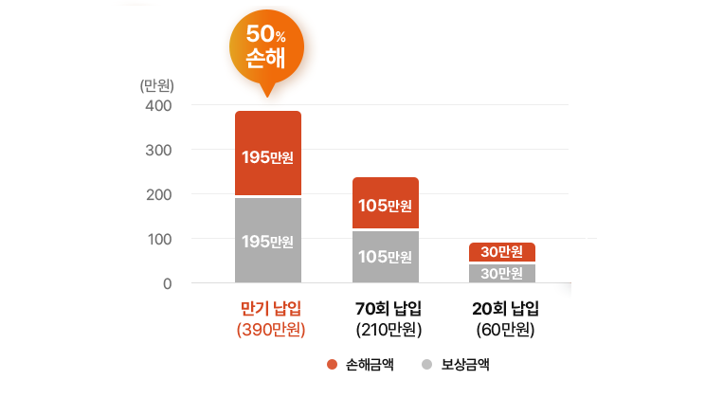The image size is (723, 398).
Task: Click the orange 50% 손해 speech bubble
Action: pyautogui.click(x=266, y=45)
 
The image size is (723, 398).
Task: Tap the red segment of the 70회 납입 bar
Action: pyautogui.click(x=386, y=203)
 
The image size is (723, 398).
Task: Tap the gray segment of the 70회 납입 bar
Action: pyautogui.click(x=386, y=256)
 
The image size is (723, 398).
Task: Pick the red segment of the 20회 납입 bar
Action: pyautogui.click(x=502, y=252)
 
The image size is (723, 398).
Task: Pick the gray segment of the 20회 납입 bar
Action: pyautogui.click(x=502, y=273)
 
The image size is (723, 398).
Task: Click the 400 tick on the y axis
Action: pyautogui.click(x=158, y=105)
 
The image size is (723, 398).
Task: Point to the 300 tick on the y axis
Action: pyautogui.click(x=158, y=150)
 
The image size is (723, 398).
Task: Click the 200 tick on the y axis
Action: pyautogui.click(x=158, y=194)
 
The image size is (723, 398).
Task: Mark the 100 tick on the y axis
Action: pyautogui.click(x=158, y=239)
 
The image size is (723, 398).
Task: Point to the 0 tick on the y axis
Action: pyautogui.click(x=167, y=283)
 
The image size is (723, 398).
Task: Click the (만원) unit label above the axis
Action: pyautogui.click(x=155, y=84)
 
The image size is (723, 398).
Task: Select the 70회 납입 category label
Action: pyautogui.click(x=388, y=309)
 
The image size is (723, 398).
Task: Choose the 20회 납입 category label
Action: pyautogui.click(x=505, y=309)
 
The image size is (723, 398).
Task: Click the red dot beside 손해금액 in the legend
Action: pyautogui.click(x=332, y=364)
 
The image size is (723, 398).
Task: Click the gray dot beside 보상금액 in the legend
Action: pyautogui.click(x=427, y=364)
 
